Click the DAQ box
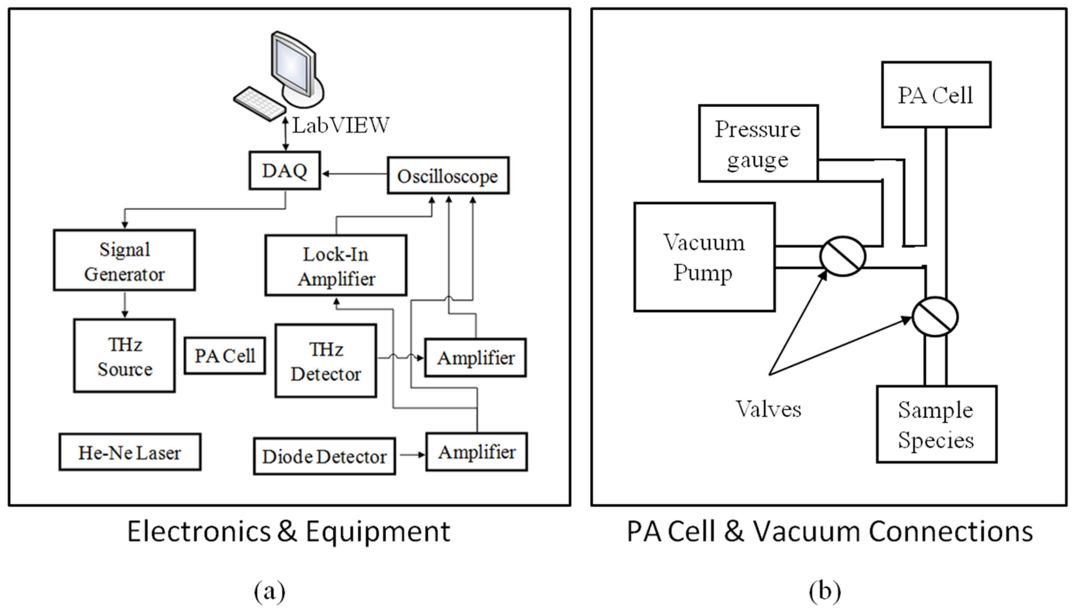coord(284,170)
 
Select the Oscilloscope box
coord(448,176)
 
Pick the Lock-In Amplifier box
coord(336,266)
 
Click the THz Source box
coord(124,356)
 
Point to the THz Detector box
coord(325,361)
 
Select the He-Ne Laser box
coord(130,452)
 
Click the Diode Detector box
coord(324,456)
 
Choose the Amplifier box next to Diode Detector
coord(477,452)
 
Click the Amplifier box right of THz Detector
coord(476,358)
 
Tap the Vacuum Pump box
coord(704,257)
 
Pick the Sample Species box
coord(937,424)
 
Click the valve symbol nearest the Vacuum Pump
coord(842,256)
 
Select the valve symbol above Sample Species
coord(935,317)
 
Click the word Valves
coord(769,409)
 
